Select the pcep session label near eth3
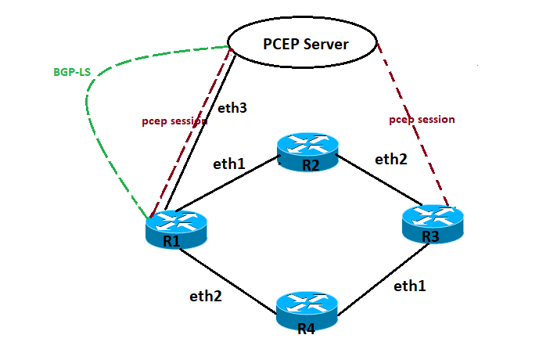174,121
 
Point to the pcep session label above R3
422,120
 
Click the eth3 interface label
232,108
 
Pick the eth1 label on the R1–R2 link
229,164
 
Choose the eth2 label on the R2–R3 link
391,159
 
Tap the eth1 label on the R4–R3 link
410,286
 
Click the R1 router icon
176,229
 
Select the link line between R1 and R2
235,185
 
